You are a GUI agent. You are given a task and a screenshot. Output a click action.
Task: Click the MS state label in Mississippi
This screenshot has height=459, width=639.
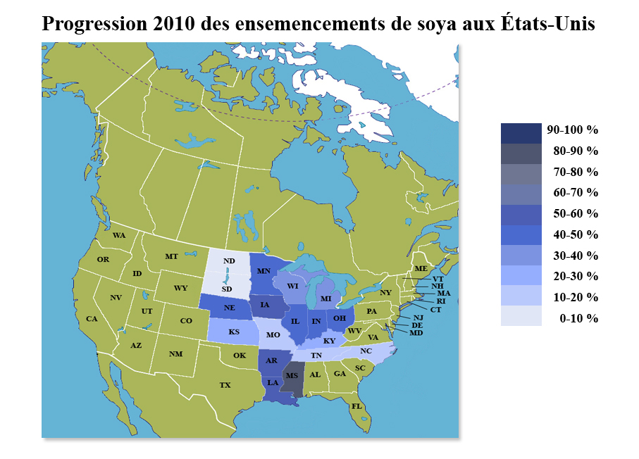(x=292, y=375)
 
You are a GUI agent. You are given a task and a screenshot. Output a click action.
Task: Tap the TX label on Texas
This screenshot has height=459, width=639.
(x=225, y=385)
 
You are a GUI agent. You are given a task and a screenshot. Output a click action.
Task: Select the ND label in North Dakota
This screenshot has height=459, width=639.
(x=229, y=261)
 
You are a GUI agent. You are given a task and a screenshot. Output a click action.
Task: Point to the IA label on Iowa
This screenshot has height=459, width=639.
(x=265, y=305)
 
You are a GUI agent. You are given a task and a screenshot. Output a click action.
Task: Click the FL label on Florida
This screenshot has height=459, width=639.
(x=357, y=407)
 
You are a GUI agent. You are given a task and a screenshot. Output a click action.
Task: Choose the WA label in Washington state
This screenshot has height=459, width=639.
(x=119, y=235)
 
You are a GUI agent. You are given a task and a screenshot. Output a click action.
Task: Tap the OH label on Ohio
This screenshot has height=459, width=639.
(x=340, y=318)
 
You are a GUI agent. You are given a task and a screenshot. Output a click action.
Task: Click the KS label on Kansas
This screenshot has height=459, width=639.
(x=233, y=331)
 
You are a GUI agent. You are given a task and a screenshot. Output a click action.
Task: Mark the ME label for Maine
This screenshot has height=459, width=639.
(x=421, y=269)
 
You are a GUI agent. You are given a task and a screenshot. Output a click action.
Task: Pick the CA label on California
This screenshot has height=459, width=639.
(x=92, y=319)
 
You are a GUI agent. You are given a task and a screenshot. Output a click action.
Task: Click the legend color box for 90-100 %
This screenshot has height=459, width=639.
(x=521, y=131)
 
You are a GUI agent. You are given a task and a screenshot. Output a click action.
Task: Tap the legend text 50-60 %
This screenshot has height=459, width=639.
(x=576, y=213)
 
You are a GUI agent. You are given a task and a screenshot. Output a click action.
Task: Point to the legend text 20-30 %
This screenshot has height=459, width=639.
(x=576, y=276)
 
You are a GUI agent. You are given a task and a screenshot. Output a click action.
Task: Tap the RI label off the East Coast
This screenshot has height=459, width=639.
(x=442, y=301)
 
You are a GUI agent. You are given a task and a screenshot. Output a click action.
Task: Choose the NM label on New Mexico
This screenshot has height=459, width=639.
(x=175, y=354)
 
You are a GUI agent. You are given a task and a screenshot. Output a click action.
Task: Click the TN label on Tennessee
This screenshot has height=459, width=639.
(x=316, y=356)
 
